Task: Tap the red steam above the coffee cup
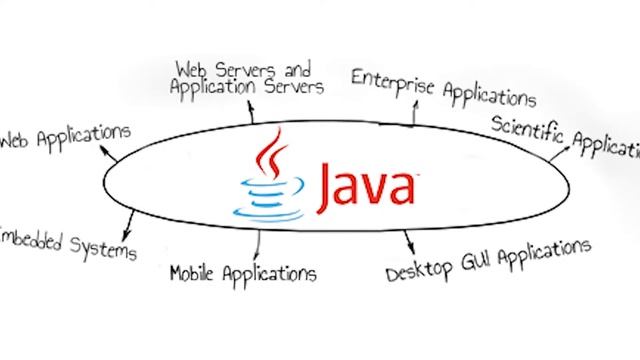pos(268,158)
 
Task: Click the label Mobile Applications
pos(244,271)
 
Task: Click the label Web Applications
pos(66,137)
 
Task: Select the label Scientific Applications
pos(566,138)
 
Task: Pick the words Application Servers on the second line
pos(247,87)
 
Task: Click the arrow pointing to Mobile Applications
pos(259,241)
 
